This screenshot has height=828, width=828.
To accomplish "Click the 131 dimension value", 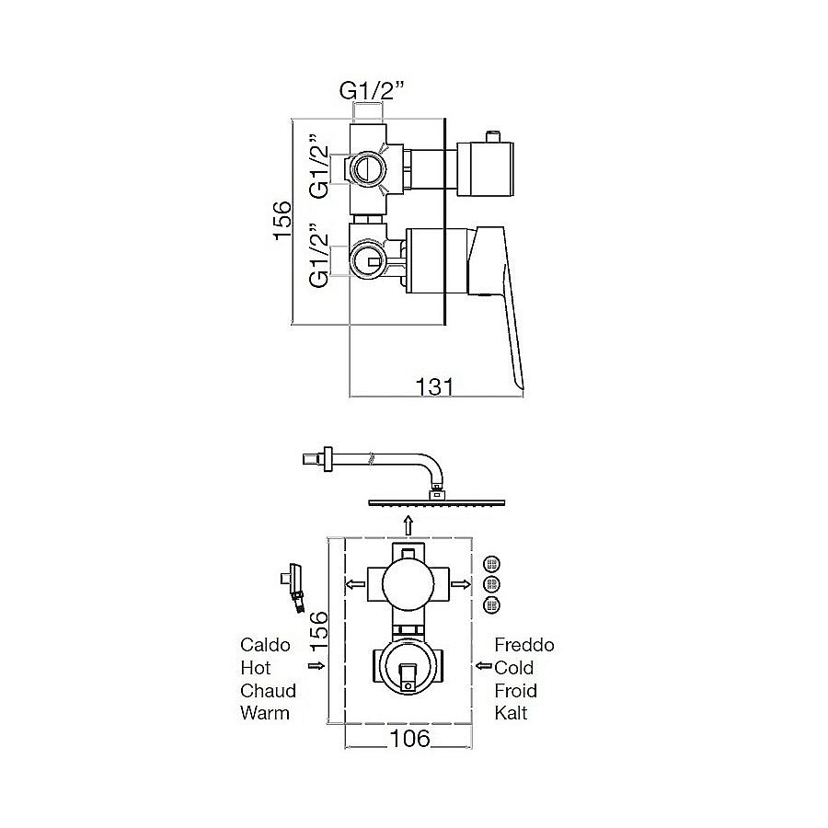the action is click(x=434, y=386).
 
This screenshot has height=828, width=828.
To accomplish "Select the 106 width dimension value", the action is click(x=409, y=738).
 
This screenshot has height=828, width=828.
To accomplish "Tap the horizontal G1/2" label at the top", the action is click(x=372, y=91).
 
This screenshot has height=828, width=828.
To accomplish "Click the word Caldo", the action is click(x=265, y=645).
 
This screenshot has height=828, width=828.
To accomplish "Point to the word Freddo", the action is click(x=523, y=645).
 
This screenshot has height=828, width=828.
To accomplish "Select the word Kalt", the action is click(x=511, y=713).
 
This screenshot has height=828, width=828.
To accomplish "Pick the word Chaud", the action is click(x=268, y=690).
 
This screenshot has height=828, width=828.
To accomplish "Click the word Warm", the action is click(x=265, y=713).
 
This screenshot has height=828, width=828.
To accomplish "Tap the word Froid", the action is click(x=515, y=690).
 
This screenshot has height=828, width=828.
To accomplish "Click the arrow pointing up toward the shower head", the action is click(x=408, y=525).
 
